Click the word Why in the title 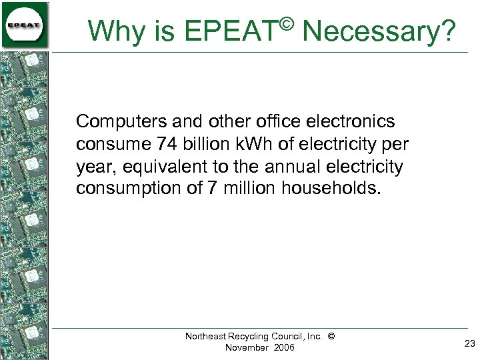click(110, 31)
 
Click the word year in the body click(93, 167)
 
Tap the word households click(333, 189)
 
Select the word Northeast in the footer click(207, 337)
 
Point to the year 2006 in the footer click(283, 348)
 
